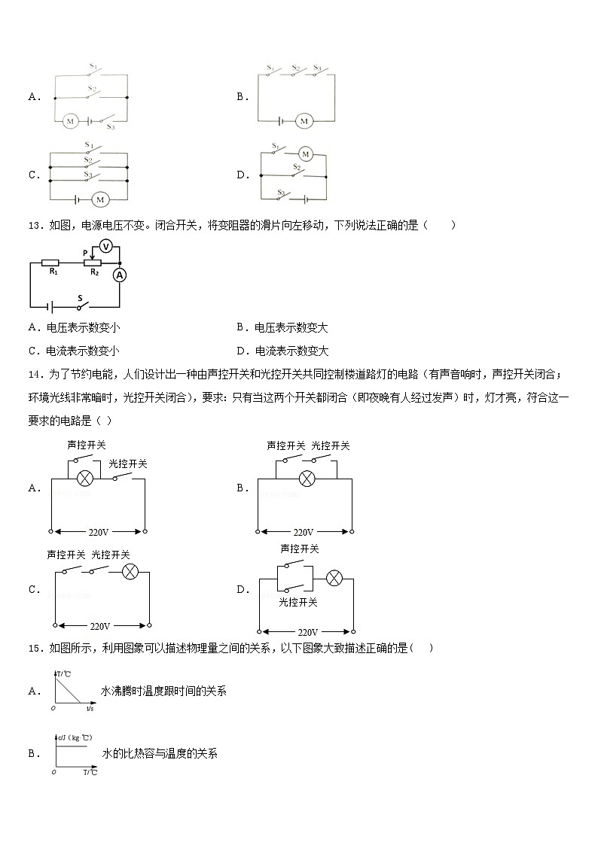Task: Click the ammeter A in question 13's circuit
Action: [x=119, y=275]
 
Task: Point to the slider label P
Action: [x=84, y=254]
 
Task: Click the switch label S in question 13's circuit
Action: [x=79, y=297]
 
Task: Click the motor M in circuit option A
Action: [x=70, y=120]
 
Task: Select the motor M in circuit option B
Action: [x=304, y=120]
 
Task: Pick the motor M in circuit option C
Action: [x=100, y=199]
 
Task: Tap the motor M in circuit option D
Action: [x=305, y=153]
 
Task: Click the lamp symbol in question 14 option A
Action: [x=86, y=477]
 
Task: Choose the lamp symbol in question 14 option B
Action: [x=306, y=478]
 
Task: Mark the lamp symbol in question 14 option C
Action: [x=130, y=573]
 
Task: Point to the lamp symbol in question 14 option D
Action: [x=334, y=578]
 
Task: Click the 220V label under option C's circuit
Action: [x=100, y=625]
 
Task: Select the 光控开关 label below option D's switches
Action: [x=298, y=602]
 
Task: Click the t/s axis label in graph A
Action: [x=90, y=708]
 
